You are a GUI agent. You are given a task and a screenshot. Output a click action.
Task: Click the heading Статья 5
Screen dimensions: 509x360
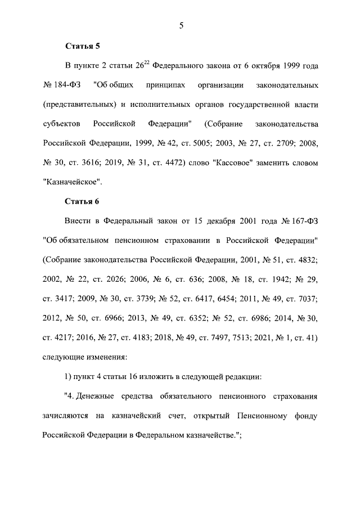82,46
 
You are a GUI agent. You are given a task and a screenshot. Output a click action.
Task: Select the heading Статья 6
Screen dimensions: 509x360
82,201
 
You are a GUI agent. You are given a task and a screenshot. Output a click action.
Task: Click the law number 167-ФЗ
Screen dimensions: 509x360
299,221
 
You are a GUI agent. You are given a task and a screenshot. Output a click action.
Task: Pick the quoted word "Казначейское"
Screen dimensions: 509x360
72,182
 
